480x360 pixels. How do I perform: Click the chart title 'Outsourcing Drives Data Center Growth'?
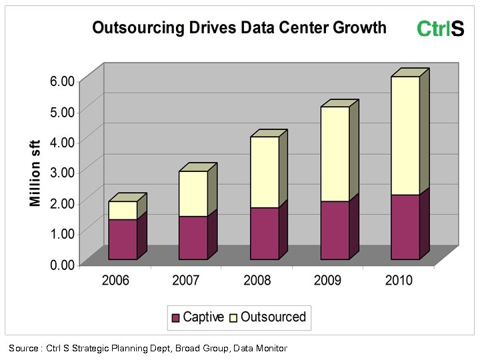tap(239, 27)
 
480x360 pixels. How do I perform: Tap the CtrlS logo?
tap(440, 29)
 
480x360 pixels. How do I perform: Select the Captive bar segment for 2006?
tap(123, 239)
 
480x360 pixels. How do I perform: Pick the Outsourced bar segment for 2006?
tap(123, 210)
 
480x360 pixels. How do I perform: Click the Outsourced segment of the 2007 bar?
tap(193, 193)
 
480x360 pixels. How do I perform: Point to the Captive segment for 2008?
tap(264, 233)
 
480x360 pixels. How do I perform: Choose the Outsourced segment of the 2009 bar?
tap(335, 153)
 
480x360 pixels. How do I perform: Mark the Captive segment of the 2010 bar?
tap(405, 227)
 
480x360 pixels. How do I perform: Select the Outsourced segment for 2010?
tap(405, 135)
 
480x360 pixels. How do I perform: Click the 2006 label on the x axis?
tap(115, 280)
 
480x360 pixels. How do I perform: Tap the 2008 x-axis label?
tap(257, 280)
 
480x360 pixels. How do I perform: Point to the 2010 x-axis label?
tap(399, 280)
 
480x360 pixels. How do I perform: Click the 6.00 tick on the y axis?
tap(62, 81)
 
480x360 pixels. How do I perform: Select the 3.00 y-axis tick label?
tap(62, 173)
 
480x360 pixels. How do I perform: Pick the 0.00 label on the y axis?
tap(62, 265)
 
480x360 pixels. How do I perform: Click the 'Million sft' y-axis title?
tap(35, 173)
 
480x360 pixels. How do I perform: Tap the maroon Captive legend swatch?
tap(176, 318)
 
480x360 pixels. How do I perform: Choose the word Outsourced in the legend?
tap(273, 317)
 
